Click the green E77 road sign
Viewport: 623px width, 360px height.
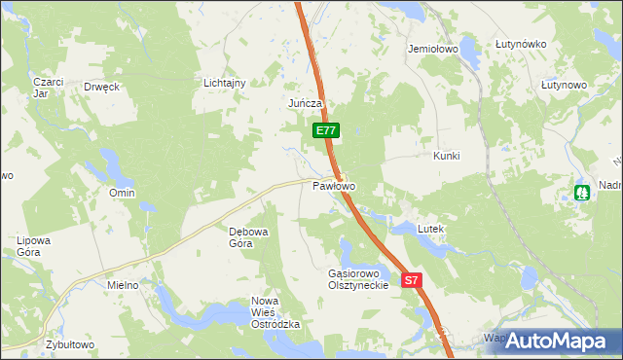325,130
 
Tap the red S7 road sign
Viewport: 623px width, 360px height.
411,280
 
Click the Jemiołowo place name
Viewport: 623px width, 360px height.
434,48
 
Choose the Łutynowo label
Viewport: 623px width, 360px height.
564,86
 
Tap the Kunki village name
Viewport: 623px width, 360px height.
446,156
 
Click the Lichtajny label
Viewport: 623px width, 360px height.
225,83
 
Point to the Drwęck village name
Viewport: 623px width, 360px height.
101,87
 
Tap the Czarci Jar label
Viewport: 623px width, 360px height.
48,88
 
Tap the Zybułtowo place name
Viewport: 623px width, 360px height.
69,345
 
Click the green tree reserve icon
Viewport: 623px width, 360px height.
582,194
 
